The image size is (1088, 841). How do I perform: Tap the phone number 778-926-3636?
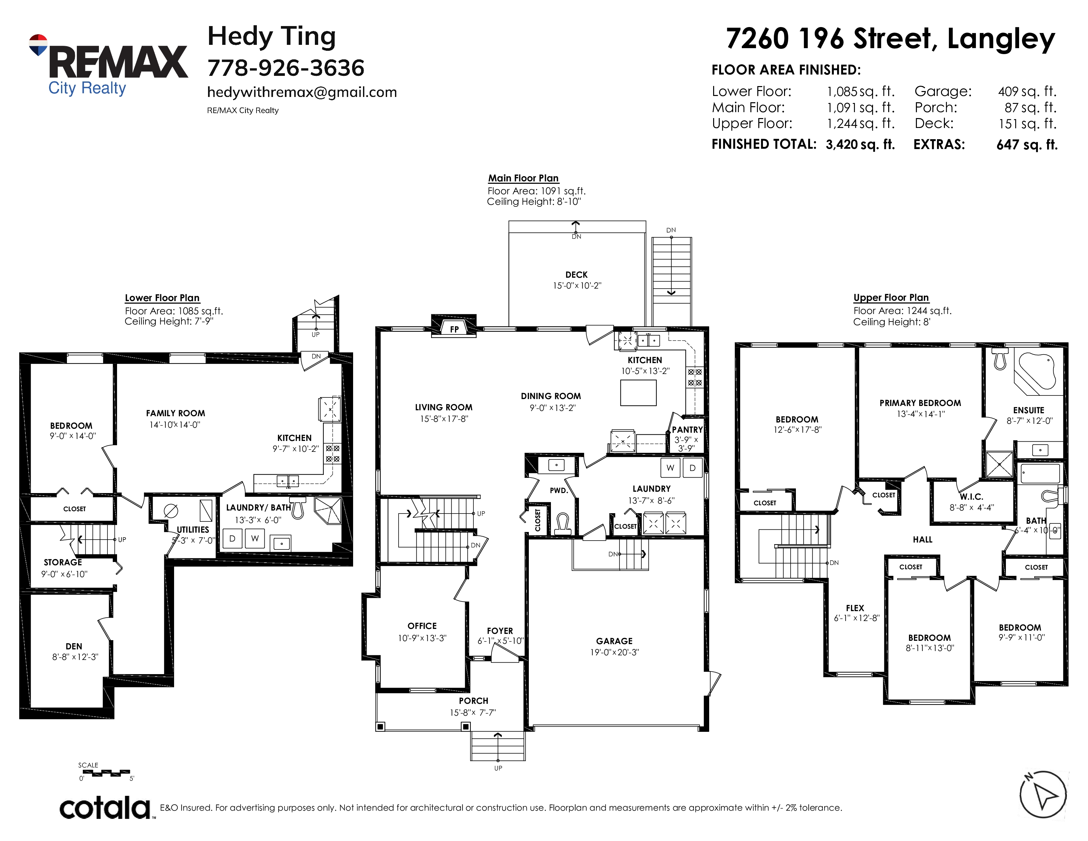tap(286, 68)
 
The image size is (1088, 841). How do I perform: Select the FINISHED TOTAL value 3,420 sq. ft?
tap(860, 144)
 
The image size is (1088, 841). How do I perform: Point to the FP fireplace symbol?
tap(454, 328)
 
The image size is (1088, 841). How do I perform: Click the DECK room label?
tap(576, 274)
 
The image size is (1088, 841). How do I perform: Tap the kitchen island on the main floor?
tap(638, 392)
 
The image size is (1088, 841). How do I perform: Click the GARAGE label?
tap(614, 641)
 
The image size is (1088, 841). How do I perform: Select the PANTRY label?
tap(687, 429)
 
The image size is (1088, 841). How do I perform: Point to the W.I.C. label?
tap(971, 497)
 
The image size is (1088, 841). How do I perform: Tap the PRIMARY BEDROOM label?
tap(920, 403)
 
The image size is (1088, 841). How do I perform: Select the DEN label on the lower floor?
tap(74, 646)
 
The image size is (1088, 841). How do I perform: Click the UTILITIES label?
tap(193, 530)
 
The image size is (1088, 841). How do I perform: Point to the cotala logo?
tap(105, 808)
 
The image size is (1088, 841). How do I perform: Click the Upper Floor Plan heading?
tap(891, 297)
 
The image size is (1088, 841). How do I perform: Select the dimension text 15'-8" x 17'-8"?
tap(444, 419)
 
